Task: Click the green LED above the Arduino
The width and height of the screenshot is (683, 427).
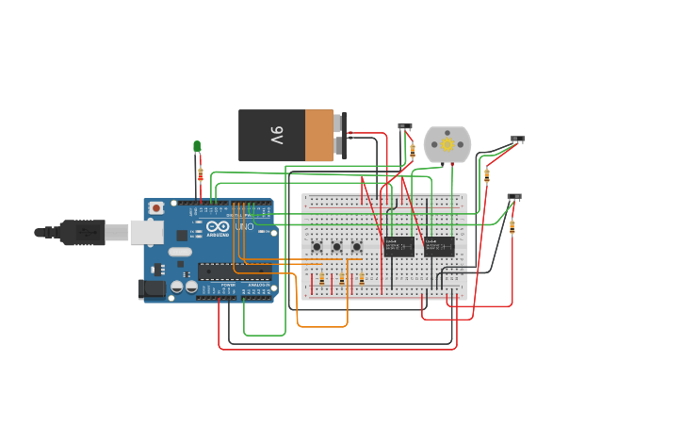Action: click(197, 146)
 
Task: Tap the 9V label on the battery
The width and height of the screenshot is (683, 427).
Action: click(276, 136)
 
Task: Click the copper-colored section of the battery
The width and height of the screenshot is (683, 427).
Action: click(319, 136)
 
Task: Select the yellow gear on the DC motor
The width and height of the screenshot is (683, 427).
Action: click(447, 144)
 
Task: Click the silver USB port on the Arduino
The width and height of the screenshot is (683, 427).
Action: click(146, 232)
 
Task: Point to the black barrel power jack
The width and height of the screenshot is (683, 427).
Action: click(152, 289)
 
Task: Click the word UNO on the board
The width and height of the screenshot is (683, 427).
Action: click(244, 227)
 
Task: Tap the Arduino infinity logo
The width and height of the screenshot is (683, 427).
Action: click(219, 227)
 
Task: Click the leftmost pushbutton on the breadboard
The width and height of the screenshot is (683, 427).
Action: click(317, 247)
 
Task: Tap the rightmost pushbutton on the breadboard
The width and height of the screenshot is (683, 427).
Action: click(357, 247)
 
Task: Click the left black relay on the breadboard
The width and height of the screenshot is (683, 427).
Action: click(398, 246)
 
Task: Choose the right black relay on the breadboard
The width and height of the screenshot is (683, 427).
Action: click(439, 246)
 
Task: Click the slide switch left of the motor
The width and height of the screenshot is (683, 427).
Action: click(405, 126)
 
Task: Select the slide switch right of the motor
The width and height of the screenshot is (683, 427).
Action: click(517, 140)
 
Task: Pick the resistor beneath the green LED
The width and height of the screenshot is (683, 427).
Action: click(200, 174)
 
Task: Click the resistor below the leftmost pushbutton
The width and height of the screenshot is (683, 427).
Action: click(321, 279)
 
